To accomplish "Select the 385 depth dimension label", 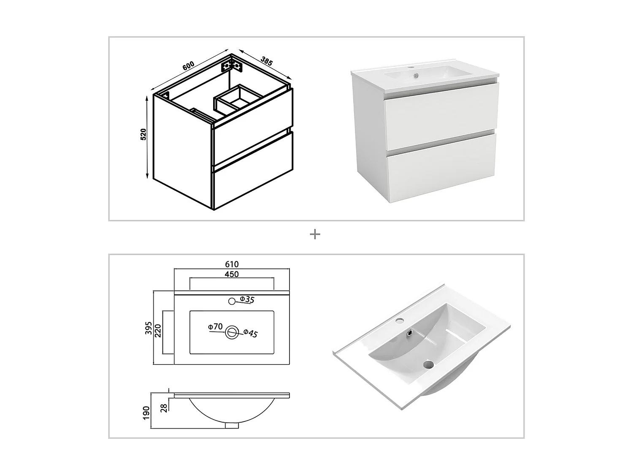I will (267, 61).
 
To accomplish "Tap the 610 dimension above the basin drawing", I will (232, 264).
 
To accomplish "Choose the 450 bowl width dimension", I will (232, 274).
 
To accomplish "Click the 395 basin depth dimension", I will (148, 328).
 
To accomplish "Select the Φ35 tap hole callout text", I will (247, 300).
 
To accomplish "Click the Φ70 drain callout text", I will (215, 326).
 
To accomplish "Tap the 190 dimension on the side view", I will (146, 413).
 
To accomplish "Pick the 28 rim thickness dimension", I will (164, 407).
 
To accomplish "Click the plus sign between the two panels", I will (315, 234).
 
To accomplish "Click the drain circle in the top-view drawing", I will (231, 332).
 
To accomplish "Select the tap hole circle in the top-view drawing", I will (231, 301).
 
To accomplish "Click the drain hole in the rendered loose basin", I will (428, 364).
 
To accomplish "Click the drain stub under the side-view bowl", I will (232, 426).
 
